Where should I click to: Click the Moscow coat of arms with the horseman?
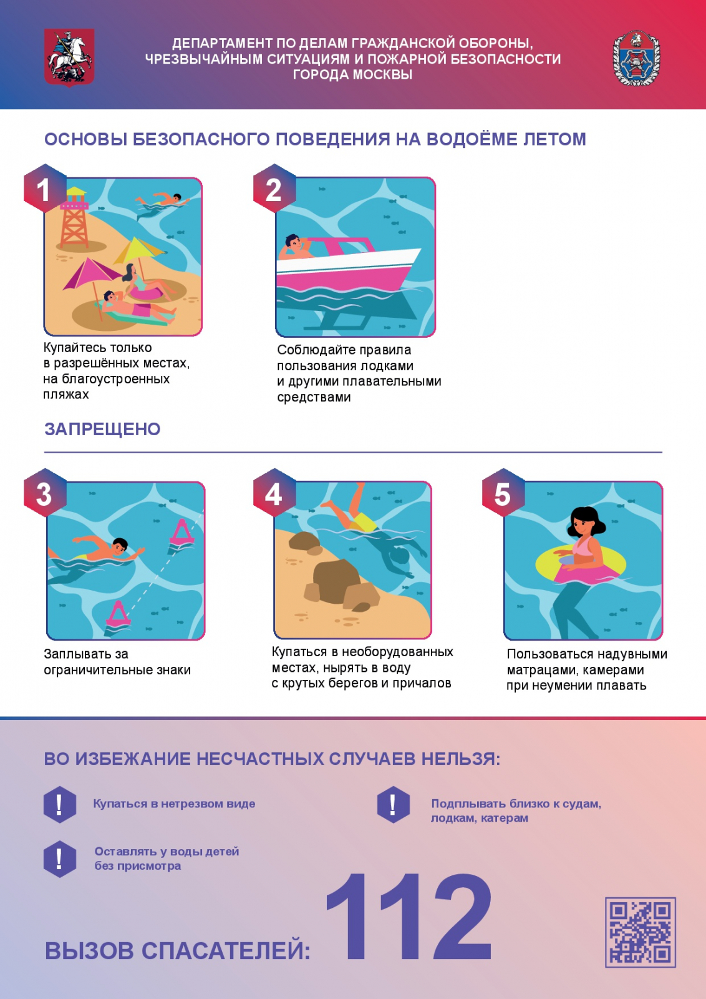[69, 57]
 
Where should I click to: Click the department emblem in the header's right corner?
[636, 59]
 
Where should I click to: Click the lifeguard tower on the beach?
[74, 218]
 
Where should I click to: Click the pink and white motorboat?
[347, 266]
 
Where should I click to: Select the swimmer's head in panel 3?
[120, 546]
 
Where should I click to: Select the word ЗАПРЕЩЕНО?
[102, 429]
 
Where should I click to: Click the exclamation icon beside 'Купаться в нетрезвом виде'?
[60, 804]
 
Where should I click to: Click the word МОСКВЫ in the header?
[382, 74]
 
